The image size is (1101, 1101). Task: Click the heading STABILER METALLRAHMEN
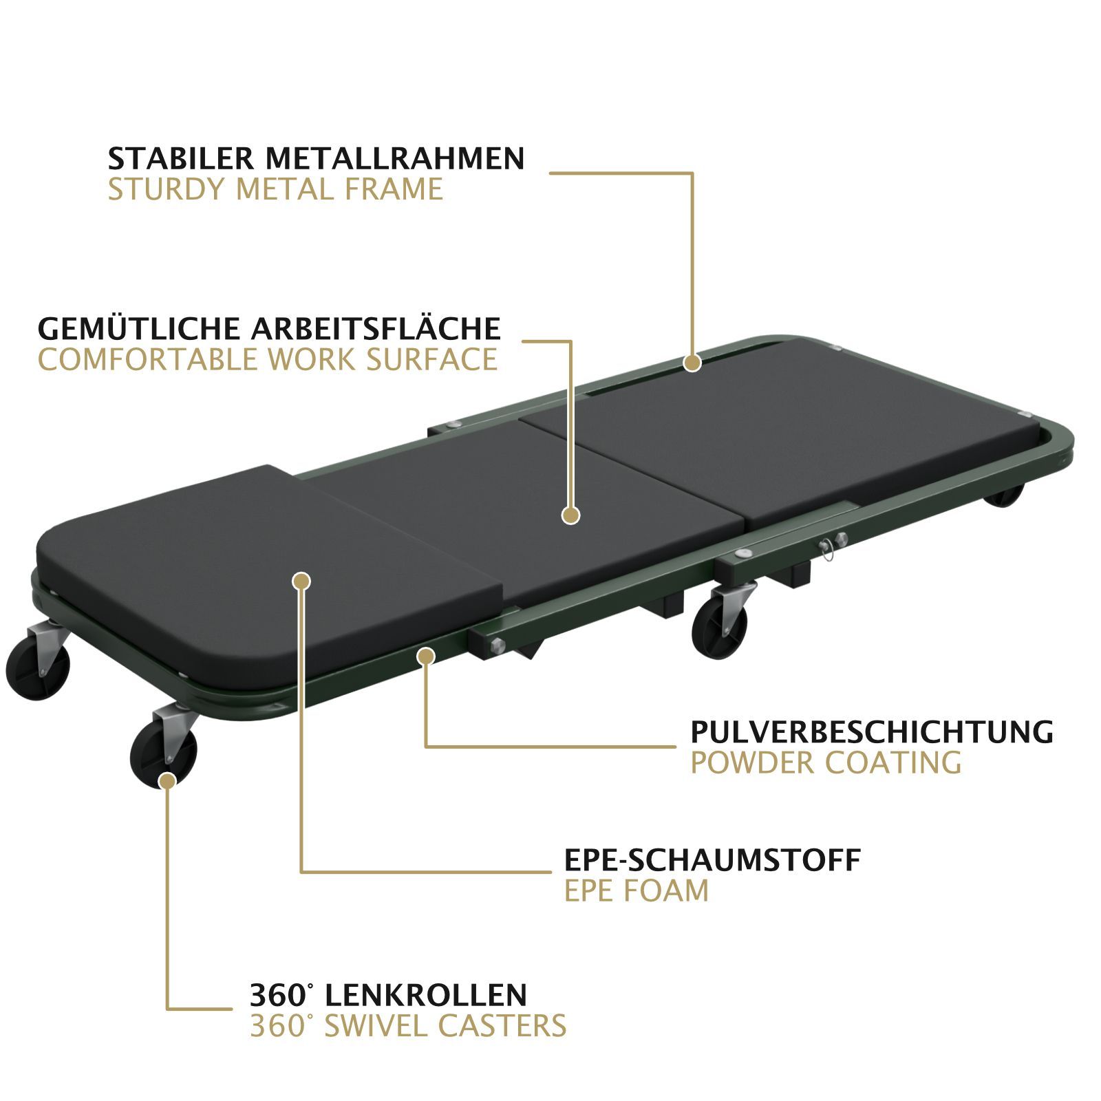[x=317, y=158]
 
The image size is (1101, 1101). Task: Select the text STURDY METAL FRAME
[x=275, y=189]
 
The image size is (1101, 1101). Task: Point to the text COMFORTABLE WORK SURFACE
[x=268, y=359]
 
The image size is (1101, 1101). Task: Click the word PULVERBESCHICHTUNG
[x=872, y=732]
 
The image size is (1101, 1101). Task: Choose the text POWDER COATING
[x=826, y=763]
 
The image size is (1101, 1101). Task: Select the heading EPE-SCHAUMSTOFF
[x=712, y=859]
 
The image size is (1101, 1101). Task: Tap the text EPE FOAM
[x=637, y=890]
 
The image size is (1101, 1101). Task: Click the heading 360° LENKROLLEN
[x=388, y=994]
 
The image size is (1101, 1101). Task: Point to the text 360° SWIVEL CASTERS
[x=408, y=1025]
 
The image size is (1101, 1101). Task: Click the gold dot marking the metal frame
[x=692, y=363]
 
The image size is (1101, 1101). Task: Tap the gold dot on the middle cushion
[x=570, y=515]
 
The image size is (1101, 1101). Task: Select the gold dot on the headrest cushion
[x=301, y=581]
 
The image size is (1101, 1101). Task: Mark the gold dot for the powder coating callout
[x=427, y=656]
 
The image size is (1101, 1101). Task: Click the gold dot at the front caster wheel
[x=167, y=780]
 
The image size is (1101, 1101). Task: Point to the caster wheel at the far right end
[x=1004, y=494]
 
